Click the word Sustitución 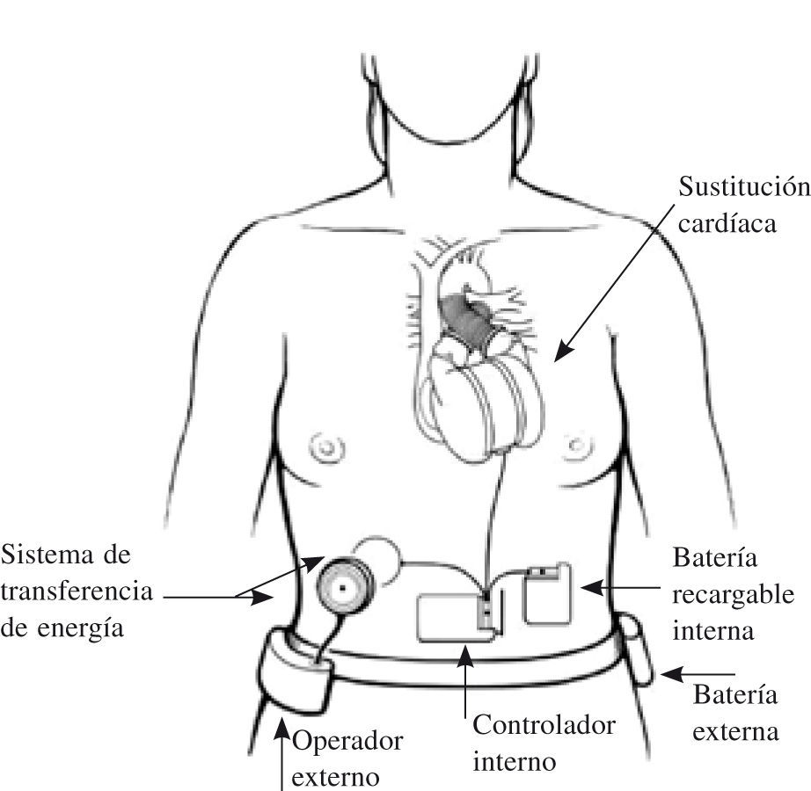pos(743,188)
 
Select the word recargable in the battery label pos(733,594)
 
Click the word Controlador pos(544,726)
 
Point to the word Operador pos(347,742)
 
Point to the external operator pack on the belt pos(296,668)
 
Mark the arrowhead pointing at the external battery pos(666,675)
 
